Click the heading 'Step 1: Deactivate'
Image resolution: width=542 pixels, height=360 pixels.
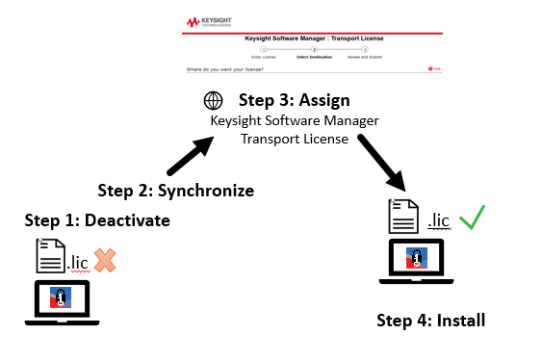(x=97, y=220)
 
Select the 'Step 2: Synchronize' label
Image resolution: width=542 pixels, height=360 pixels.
(x=176, y=190)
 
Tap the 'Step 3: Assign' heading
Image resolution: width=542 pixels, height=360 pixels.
(x=294, y=100)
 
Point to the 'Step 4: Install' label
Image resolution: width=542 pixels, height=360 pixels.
(x=430, y=320)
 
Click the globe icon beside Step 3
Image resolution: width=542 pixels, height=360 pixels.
(x=213, y=101)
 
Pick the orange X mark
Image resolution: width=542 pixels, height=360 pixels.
(x=104, y=259)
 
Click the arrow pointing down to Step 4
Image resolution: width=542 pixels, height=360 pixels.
(x=382, y=161)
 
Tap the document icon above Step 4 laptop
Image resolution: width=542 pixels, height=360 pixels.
(x=403, y=217)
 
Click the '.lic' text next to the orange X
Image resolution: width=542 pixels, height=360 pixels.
(x=80, y=260)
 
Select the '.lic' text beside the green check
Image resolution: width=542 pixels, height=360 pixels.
(x=438, y=220)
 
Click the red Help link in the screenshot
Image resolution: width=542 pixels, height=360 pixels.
(x=434, y=69)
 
